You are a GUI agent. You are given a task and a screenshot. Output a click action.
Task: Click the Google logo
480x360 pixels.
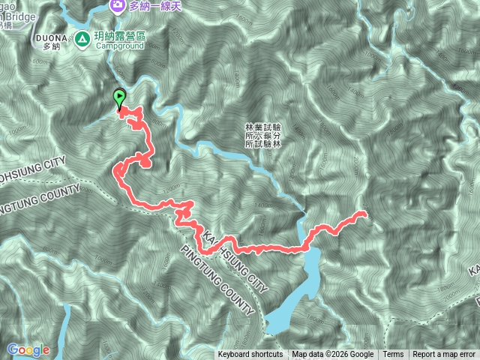[x=28, y=349]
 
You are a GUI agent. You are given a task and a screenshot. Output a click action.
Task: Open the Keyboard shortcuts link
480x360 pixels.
[x=250, y=355]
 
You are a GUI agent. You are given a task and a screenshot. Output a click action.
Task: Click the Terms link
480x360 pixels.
[x=393, y=355]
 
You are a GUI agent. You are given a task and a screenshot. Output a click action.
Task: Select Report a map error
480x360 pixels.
[x=444, y=355]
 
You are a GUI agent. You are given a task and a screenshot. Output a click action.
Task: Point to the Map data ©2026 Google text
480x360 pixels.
[x=333, y=355]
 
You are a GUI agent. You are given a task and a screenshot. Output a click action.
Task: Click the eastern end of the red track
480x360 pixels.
[x=365, y=214]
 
